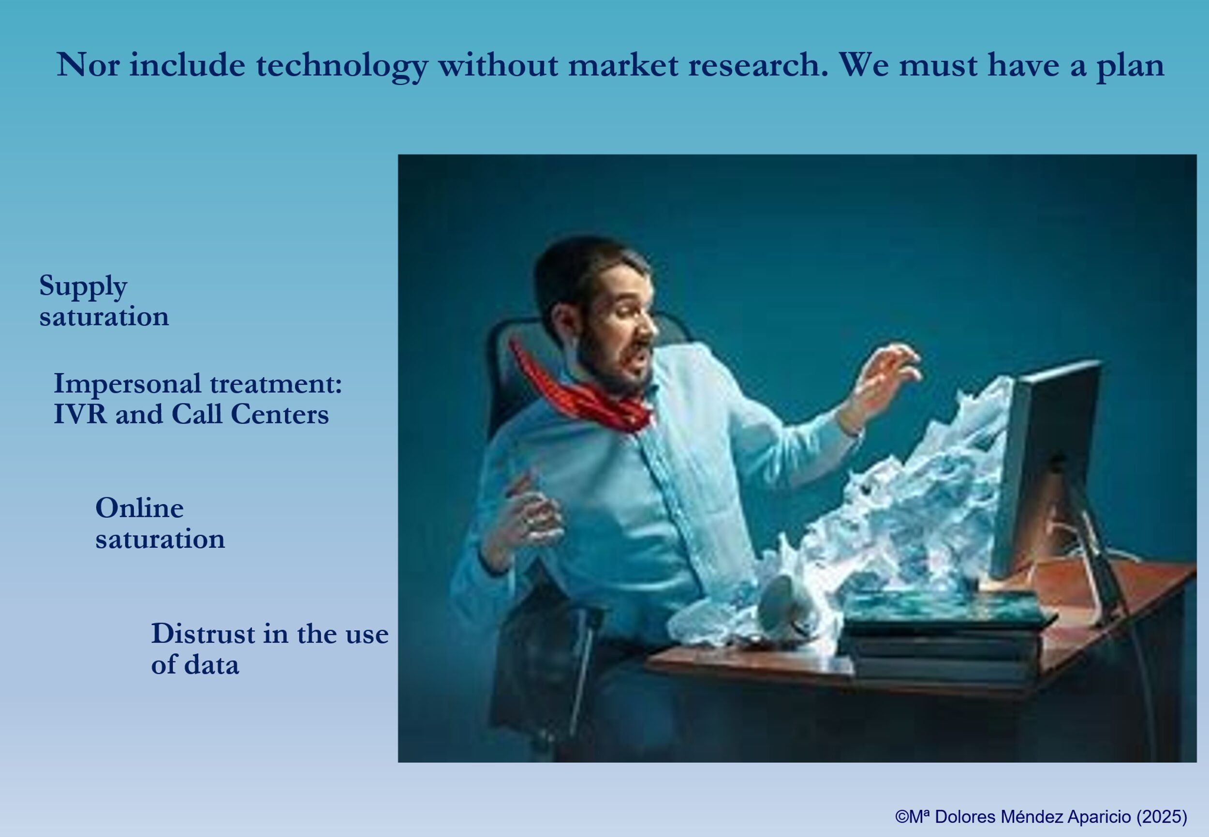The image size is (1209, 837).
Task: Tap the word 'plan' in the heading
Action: click(x=1130, y=67)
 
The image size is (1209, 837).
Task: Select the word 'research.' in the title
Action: click(x=758, y=65)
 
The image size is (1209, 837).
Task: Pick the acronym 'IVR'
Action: click(x=80, y=414)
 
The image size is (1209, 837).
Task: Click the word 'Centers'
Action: click(x=280, y=414)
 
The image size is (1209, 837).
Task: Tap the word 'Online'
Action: click(x=139, y=508)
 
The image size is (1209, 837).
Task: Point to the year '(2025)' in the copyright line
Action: click(x=1161, y=817)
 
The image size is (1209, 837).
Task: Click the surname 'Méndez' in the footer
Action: click(x=1033, y=817)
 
